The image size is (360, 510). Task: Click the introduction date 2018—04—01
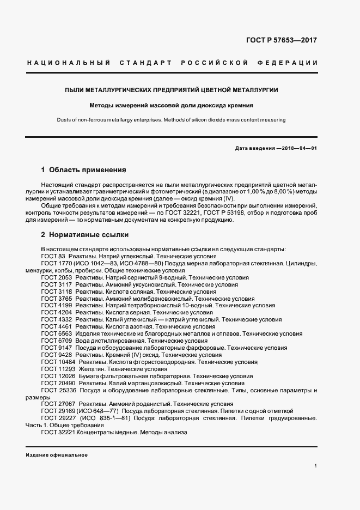point(297,148)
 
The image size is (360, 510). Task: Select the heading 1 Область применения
point(84,169)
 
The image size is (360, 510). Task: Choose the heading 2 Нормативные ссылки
point(85,235)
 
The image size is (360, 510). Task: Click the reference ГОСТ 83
point(53,256)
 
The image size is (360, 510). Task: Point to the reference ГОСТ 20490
point(58,383)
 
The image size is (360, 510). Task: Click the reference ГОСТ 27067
point(58,404)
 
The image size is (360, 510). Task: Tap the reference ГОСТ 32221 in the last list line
point(58,432)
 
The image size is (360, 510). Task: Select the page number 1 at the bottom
point(315,466)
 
